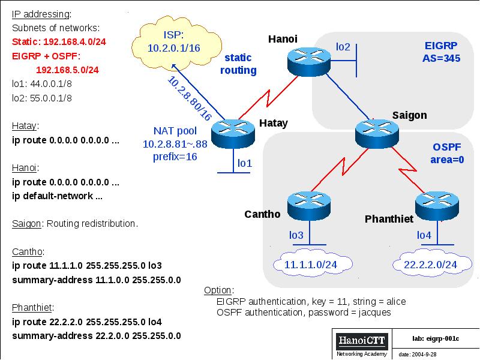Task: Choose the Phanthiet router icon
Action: coord(439,206)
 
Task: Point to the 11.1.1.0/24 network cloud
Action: coord(310,264)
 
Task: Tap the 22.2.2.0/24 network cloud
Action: coord(430,264)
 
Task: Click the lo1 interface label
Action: coord(245,163)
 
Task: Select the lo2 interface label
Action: coord(343,46)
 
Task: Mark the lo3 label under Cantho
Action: coord(296,235)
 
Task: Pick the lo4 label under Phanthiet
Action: coord(424,235)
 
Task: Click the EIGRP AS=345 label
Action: coord(442,52)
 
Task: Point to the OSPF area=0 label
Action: coord(448,153)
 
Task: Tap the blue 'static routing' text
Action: coord(238,64)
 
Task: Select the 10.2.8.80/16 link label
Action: coord(190,98)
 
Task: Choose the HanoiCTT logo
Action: coord(362,341)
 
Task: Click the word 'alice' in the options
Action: coord(392,301)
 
